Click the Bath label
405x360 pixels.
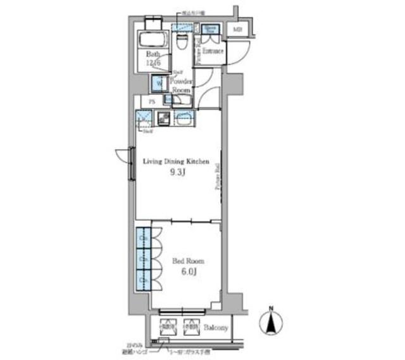click(x=154, y=54)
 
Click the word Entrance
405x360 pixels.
click(x=213, y=51)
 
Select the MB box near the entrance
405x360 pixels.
click(x=238, y=29)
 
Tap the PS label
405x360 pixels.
click(x=152, y=102)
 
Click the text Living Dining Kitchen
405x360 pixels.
click(x=175, y=162)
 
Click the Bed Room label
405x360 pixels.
click(x=188, y=261)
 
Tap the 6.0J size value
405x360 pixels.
click(x=188, y=273)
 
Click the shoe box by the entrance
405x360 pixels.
click(x=211, y=29)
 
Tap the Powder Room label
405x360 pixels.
click(x=181, y=86)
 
